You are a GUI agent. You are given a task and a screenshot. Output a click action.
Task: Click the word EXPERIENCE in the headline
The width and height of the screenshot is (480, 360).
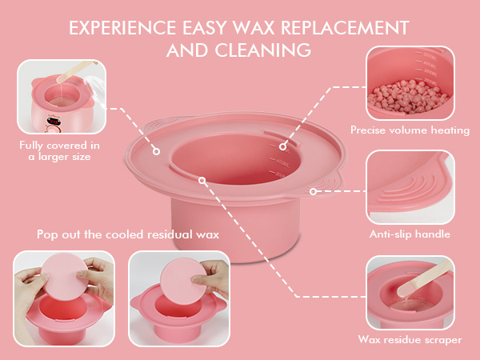coord(120,27)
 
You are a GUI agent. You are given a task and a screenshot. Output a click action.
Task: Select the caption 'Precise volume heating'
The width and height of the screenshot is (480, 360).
coord(410,130)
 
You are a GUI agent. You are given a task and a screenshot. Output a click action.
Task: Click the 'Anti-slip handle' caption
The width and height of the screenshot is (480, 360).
coord(410,234)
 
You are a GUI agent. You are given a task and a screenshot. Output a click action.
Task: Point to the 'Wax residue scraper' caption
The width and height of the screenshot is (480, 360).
coord(410,339)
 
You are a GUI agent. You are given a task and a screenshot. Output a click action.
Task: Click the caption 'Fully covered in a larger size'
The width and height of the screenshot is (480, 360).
coord(61,151)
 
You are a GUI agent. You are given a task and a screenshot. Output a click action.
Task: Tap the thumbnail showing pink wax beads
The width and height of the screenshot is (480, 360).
coord(410,82)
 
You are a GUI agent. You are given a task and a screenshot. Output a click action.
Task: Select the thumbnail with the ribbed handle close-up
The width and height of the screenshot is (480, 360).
coord(410,187)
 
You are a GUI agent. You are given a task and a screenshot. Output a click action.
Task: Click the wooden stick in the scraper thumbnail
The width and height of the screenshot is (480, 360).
coord(421,282)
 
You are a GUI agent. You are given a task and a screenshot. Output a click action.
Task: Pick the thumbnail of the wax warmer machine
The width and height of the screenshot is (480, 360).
coord(61,95)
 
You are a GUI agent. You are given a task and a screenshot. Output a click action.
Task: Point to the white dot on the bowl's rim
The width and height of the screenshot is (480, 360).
coord(157,150)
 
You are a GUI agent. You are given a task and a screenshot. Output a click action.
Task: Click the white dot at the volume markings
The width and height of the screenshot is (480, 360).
coord(282,146)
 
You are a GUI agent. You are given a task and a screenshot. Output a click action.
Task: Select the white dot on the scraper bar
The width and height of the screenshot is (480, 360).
coord(204,182)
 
